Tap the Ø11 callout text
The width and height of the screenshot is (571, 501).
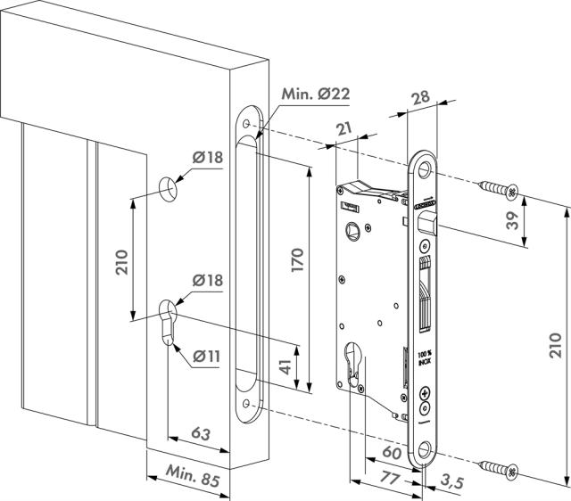pyautogui.click(x=206, y=356)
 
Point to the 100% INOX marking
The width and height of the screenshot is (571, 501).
pyautogui.click(x=423, y=357)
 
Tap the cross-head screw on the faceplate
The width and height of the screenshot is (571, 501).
pyautogui.click(x=423, y=393)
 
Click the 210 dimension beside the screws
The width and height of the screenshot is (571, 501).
pyautogui.click(x=555, y=342)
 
